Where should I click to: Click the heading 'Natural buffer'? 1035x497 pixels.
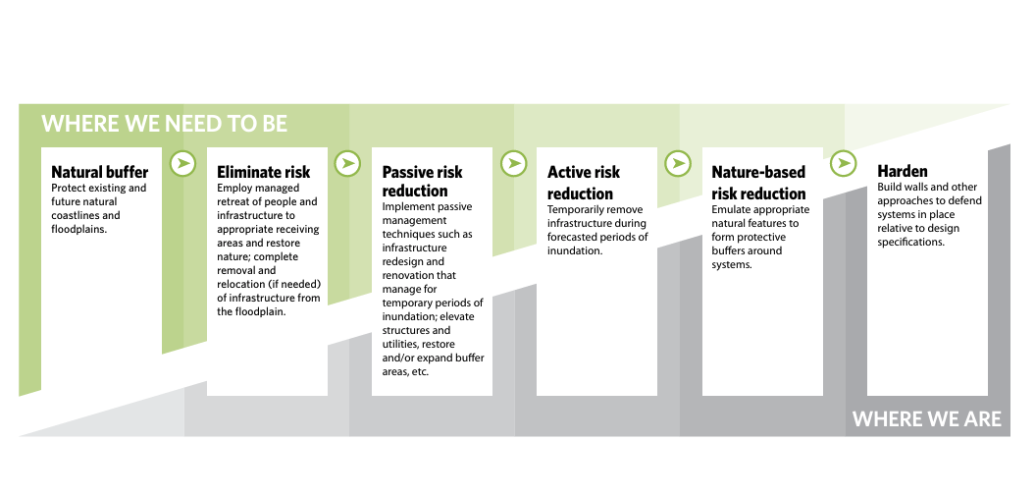98,172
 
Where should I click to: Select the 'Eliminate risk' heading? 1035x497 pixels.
263,172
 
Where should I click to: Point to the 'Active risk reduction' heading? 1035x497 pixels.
584,183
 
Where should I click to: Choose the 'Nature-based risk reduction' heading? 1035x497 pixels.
758,183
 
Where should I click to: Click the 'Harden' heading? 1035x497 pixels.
902,172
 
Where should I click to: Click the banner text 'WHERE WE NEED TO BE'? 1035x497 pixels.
165,124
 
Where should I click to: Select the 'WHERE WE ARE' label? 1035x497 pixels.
926,419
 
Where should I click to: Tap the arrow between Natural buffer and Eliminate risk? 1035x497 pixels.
182,163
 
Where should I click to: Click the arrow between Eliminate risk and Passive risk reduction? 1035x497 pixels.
347,163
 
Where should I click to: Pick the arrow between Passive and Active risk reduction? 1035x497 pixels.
513,163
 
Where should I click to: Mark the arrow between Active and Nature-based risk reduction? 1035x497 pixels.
678,163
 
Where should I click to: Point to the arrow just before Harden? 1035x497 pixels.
843,163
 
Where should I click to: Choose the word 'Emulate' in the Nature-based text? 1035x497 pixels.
733,209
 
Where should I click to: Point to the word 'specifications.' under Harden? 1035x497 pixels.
911,242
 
